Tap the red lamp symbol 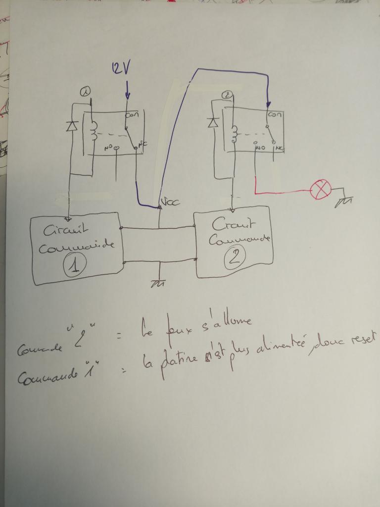coord(320,190)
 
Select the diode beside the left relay coord(70,125)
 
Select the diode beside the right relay coord(214,122)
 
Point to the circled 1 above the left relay coord(86,91)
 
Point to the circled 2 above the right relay coord(227,95)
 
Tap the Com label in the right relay coord(274,114)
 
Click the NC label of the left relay coord(142,145)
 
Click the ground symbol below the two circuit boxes coord(158,283)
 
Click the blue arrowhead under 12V coord(127,95)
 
